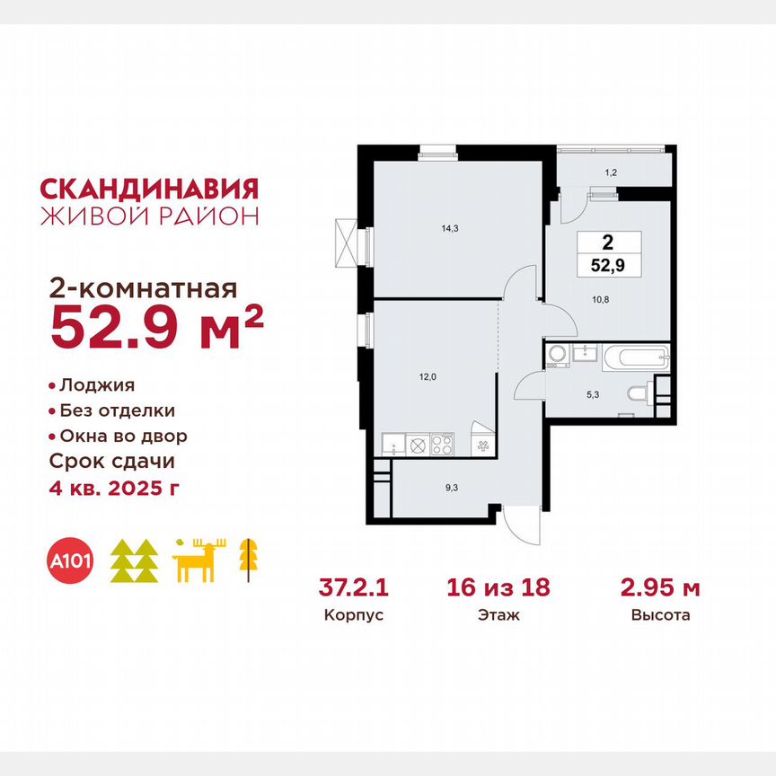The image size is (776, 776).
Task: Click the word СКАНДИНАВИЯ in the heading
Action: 150,189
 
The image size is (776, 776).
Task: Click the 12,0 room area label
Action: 428,377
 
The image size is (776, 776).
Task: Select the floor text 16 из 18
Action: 498,589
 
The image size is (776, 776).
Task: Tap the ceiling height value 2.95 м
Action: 660,589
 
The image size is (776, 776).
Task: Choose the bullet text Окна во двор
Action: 123,436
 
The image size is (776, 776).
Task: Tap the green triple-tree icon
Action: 134,561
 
